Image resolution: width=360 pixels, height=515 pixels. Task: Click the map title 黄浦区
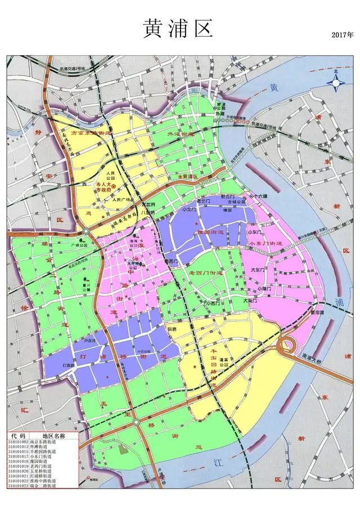[179, 28]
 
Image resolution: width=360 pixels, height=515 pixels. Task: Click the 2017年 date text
[343, 35]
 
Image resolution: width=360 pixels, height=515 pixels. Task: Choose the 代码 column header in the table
[20, 436]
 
